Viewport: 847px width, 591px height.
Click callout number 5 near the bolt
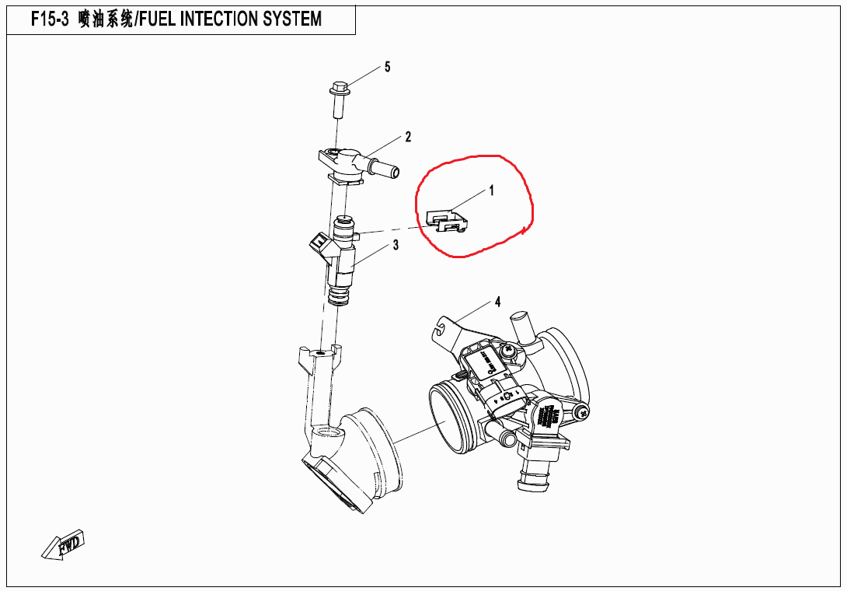pyautogui.click(x=387, y=67)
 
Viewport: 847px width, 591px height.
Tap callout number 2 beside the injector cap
pyautogui.click(x=408, y=138)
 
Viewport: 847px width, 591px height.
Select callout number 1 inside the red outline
pyautogui.click(x=491, y=190)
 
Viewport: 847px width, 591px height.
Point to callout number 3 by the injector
pyautogui.click(x=396, y=246)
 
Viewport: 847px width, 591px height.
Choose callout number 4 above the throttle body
pyautogui.click(x=497, y=301)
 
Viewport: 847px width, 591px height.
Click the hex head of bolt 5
pyautogui.click(x=339, y=87)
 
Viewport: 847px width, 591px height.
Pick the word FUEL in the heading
pyautogui.click(x=158, y=19)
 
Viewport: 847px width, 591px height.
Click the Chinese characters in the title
pyautogui.click(x=106, y=19)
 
